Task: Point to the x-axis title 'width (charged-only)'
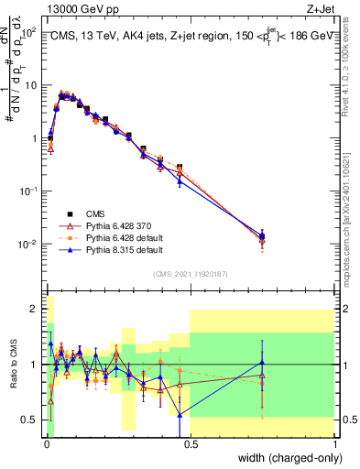coord(284,458)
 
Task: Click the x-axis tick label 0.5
coord(190,446)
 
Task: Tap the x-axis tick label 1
coord(334,446)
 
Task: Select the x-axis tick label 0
coord(45,446)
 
